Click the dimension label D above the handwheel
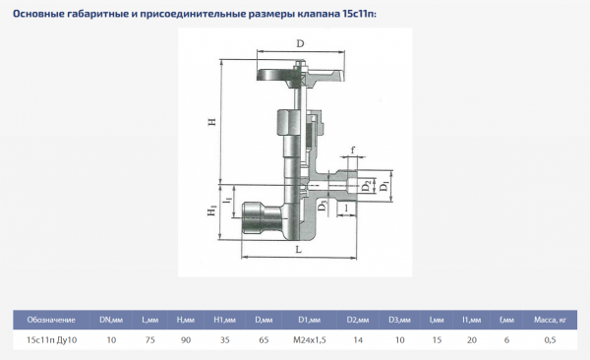300,44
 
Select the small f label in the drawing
352,150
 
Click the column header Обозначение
51,320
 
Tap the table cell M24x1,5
310,339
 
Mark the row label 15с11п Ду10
51,339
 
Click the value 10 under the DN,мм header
111,339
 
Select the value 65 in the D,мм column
263,339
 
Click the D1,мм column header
310,320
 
